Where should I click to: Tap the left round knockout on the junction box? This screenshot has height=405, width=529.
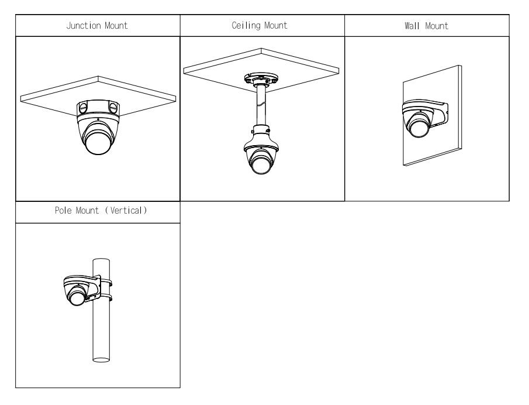tap(82, 107)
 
